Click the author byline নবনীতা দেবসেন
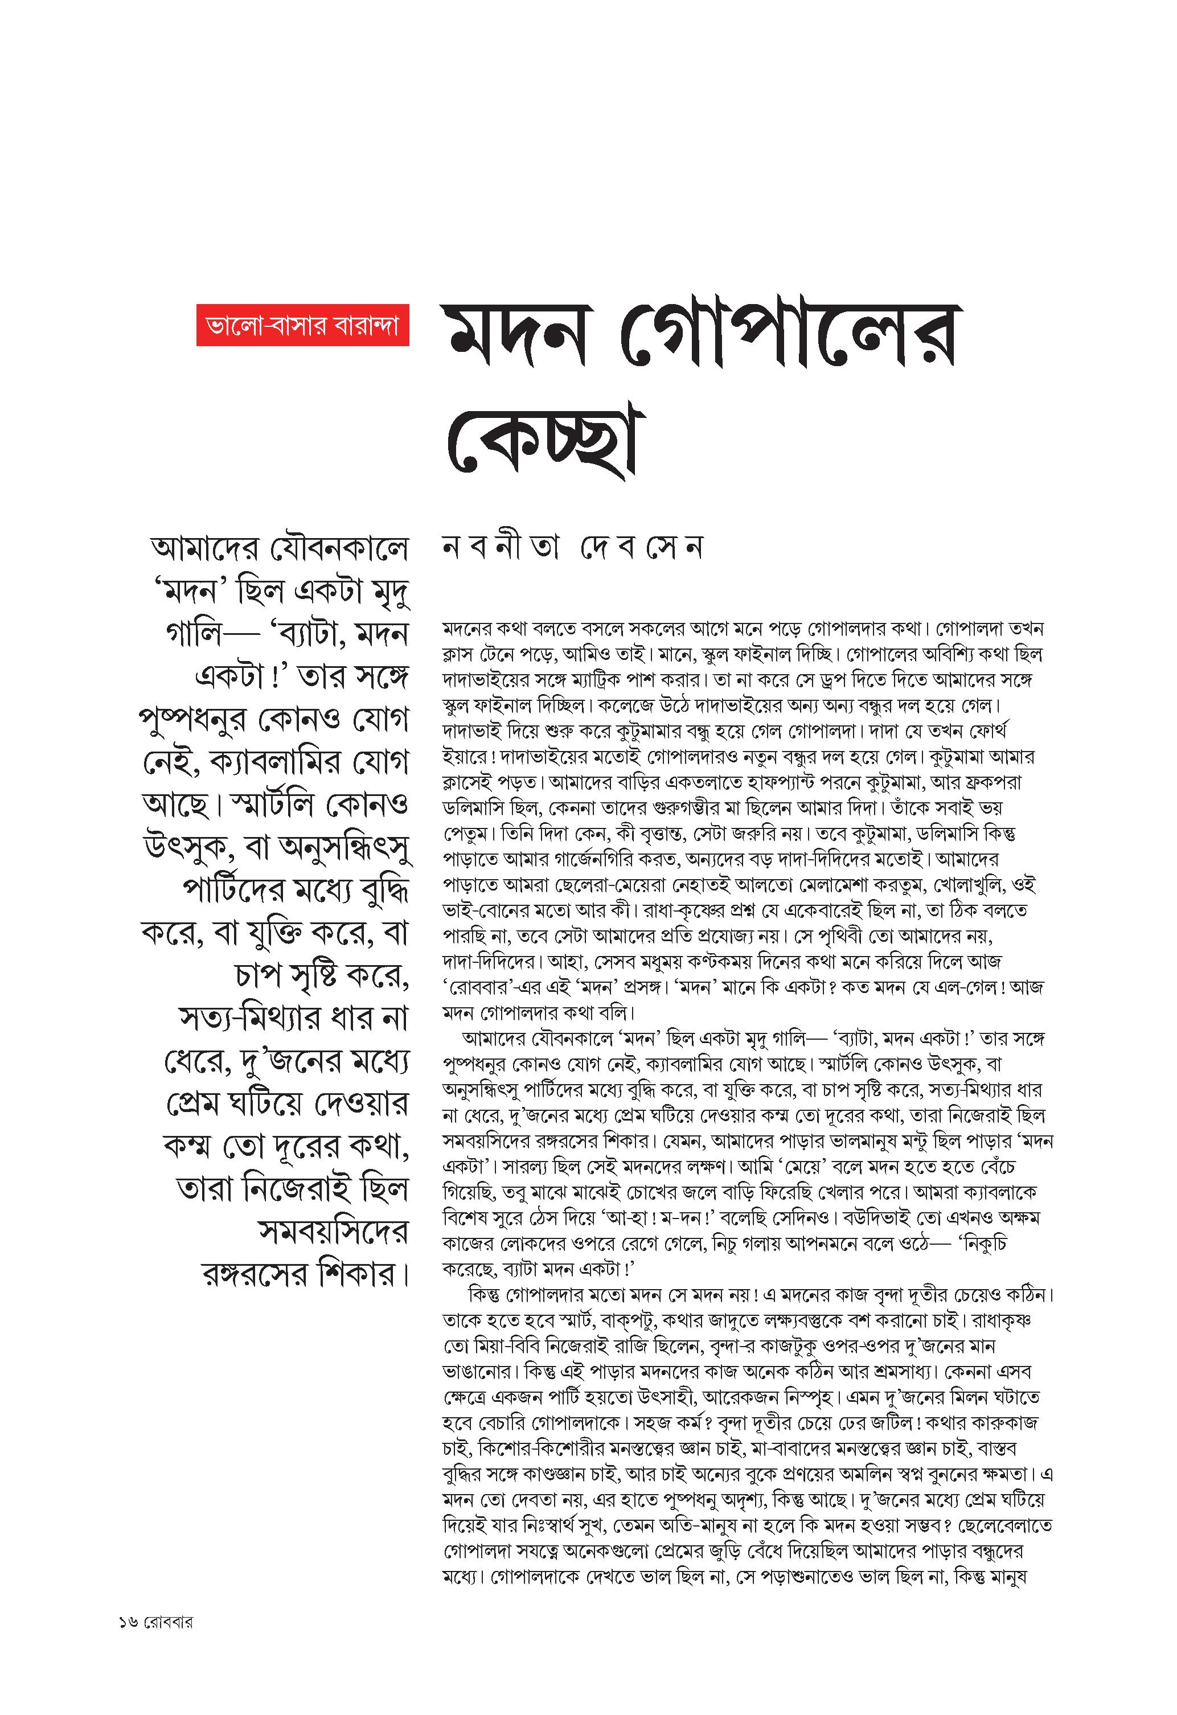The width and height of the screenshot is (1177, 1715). (x=572, y=548)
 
